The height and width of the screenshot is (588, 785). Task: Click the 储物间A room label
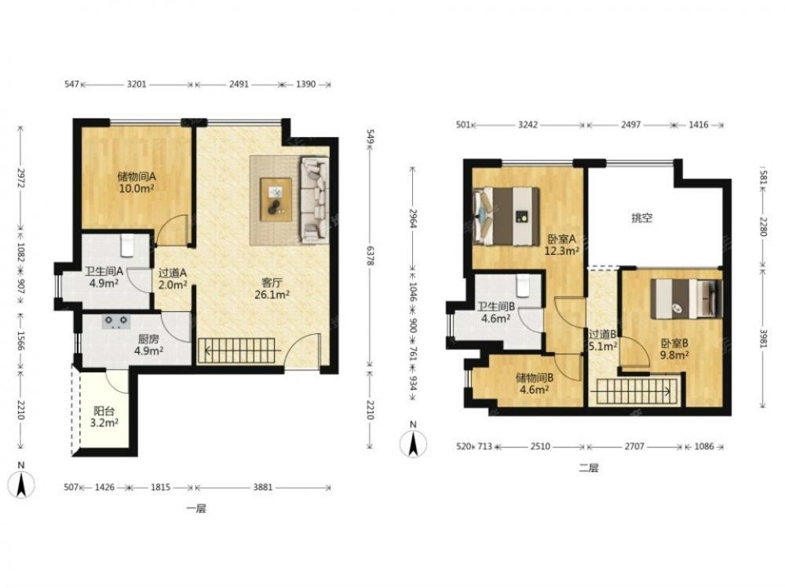137,176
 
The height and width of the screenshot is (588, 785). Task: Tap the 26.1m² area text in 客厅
272,295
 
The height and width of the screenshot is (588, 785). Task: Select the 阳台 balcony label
104,411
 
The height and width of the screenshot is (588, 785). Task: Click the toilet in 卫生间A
128,245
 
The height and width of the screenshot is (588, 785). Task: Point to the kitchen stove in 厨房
116,321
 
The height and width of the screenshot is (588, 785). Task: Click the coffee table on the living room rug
276,199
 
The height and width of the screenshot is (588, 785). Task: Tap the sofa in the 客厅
315,200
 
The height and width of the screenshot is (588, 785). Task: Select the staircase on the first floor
237,350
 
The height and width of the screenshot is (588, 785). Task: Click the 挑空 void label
642,218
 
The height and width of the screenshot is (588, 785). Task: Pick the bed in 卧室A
506,216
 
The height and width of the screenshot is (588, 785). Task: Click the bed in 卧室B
686,298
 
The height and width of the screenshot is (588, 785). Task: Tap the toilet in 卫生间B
523,285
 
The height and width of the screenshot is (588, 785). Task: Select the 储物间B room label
534,378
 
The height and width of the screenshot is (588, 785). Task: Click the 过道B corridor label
602,334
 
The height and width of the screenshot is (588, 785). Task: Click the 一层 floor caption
195,509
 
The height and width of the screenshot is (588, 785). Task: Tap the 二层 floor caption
588,469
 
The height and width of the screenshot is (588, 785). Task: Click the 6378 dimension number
370,255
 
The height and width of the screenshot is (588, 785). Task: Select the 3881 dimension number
263,487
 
